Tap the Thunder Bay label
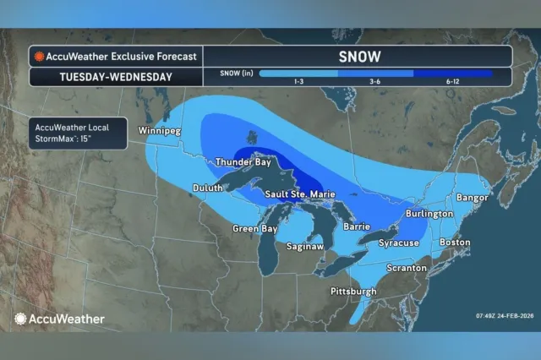(243, 161)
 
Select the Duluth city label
(206, 188)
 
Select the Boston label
(455, 243)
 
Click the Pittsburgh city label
(352, 292)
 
